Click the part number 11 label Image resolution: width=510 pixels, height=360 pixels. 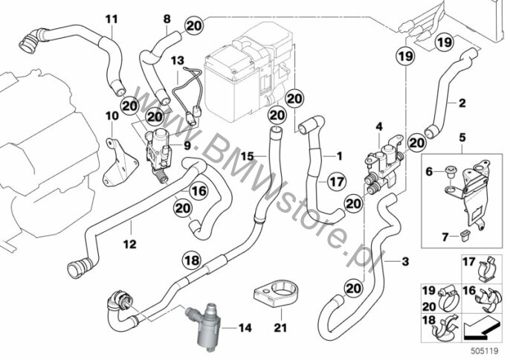(111, 18)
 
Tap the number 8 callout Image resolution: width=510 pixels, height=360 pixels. (167, 18)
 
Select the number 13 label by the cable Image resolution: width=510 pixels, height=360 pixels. (176, 59)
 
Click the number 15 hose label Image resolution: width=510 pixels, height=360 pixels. (247, 156)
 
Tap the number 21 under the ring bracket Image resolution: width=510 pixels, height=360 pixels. (278, 326)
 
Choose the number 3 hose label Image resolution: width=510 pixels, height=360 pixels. (404, 261)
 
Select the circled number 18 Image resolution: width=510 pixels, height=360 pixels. (192, 260)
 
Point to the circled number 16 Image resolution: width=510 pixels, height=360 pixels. (197, 191)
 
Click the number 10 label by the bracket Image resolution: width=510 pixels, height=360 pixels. (112, 117)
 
